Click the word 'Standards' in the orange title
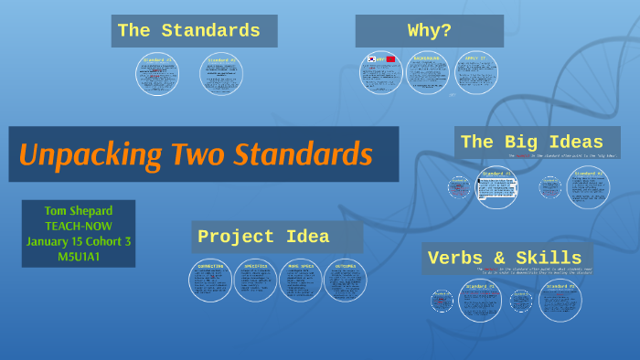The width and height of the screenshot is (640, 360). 302,154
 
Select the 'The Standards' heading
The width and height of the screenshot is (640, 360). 188,31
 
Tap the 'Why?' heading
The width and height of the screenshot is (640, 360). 429,31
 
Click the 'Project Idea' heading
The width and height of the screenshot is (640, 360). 263,237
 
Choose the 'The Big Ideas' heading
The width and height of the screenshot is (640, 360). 531,142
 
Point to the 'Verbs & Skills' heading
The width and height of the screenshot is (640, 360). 504,259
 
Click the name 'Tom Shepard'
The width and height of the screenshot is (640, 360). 78,211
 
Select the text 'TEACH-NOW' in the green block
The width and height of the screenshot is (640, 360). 78,226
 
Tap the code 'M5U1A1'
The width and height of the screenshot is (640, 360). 78,256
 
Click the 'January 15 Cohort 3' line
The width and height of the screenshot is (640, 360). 78,241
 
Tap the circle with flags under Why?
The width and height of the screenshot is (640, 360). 379,70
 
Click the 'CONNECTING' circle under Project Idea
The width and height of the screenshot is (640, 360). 210,281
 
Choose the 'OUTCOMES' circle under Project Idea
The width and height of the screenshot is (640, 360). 346,281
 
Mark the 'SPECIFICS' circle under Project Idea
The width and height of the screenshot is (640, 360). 255,281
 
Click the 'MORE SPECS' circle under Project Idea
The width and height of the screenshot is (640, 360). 301,281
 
